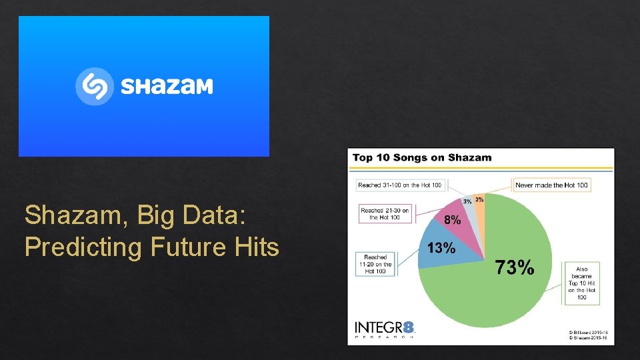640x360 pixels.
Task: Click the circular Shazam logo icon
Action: point(95,86)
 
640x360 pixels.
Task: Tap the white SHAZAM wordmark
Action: point(167,87)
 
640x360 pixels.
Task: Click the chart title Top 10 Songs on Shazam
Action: point(421,158)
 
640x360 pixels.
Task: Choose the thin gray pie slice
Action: point(471,207)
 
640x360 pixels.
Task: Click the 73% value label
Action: point(514,268)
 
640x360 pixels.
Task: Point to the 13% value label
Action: point(441,248)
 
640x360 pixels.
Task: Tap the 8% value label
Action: point(451,219)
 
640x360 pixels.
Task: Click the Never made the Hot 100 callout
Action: point(551,185)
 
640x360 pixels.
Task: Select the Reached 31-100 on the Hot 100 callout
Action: point(399,185)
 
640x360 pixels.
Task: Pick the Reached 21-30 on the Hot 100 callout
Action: point(385,213)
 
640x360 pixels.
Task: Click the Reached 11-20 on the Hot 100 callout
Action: point(375,264)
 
